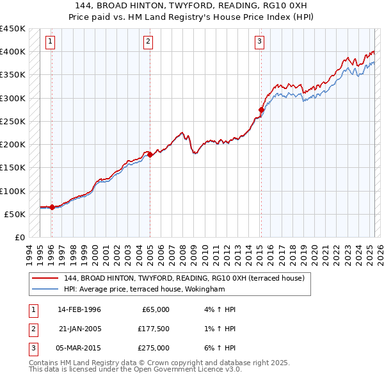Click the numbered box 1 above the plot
coord(50,42)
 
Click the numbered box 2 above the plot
coord(148,42)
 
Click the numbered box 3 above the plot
coord(259,42)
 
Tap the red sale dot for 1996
coord(52,207)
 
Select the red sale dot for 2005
coord(150,154)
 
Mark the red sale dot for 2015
coord(260,110)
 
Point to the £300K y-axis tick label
coord(13,98)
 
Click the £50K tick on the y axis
coord(15,214)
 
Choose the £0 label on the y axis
coord(19,238)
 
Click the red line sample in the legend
coord(44,279)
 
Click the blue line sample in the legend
coord(44,289)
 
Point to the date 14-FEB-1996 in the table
coord(79,309)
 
